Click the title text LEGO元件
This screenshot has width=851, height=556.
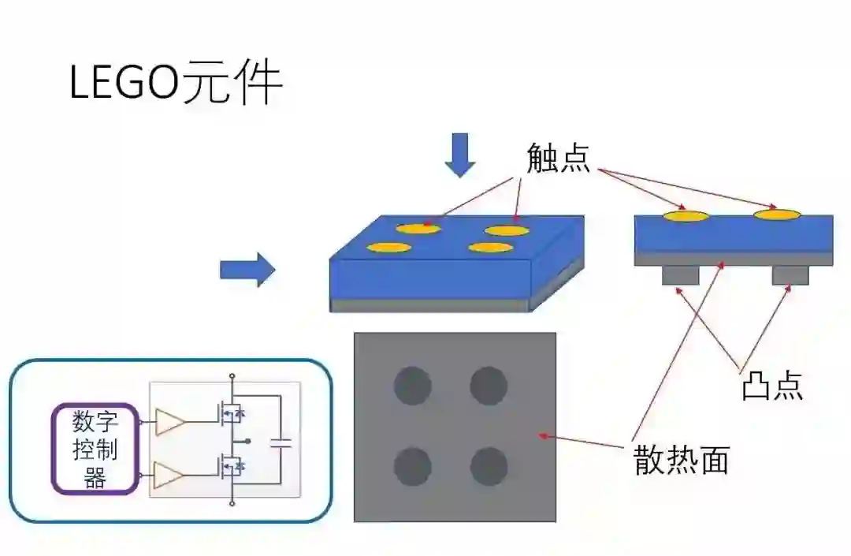pyautogui.click(x=176, y=84)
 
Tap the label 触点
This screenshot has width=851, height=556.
pyautogui.click(x=559, y=159)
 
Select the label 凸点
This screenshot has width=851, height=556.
pyautogui.click(x=772, y=386)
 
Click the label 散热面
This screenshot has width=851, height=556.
pyautogui.click(x=682, y=459)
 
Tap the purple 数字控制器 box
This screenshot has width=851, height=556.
pyautogui.click(x=95, y=449)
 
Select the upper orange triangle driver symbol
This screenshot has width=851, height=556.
pyautogui.click(x=169, y=422)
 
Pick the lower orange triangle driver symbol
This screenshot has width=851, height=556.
pyautogui.click(x=169, y=476)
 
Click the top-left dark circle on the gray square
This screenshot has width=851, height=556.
pyautogui.click(x=412, y=386)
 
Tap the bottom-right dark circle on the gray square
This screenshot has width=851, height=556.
pyautogui.click(x=489, y=466)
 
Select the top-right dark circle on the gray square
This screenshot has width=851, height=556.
pyautogui.click(x=489, y=386)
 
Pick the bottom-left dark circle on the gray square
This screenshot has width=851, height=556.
pyautogui.click(x=412, y=466)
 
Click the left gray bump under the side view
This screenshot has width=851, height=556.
pyautogui.click(x=681, y=275)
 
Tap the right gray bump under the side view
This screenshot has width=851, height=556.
pyautogui.click(x=790, y=275)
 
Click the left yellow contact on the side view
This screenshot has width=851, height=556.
pyautogui.click(x=686, y=215)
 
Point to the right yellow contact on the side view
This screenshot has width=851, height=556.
pyautogui.click(x=777, y=214)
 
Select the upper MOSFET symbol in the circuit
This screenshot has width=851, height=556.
pyautogui.click(x=229, y=412)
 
